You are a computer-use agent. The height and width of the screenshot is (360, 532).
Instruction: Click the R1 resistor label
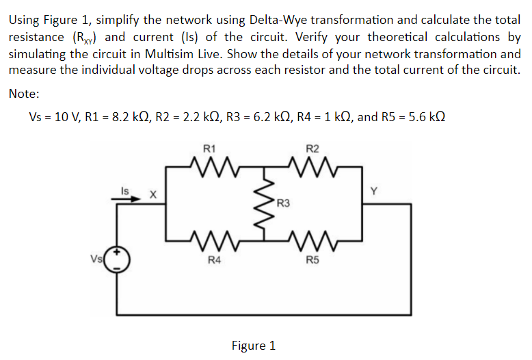[210, 148]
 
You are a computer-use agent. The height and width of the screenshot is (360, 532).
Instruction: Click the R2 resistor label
[312, 148]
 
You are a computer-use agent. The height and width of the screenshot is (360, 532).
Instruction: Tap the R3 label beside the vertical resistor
[284, 203]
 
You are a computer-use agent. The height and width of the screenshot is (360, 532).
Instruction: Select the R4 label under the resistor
[214, 259]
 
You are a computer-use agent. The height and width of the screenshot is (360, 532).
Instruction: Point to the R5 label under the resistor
[312, 259]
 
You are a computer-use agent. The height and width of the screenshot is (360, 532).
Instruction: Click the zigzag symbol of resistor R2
[312, 164]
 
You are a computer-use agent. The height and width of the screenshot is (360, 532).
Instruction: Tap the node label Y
[373, 192]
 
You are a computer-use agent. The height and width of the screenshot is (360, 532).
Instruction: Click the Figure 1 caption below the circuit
[254, 346]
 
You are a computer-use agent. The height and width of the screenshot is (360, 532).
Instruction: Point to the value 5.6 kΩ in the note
[423, 116]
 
